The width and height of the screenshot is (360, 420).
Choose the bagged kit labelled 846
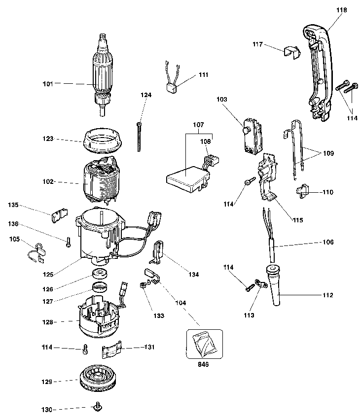pos(202,343)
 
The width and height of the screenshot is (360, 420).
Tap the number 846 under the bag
pos(203,365)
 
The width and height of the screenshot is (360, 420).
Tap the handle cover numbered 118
pos(321,74)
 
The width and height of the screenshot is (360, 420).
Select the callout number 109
pos(328,153)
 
